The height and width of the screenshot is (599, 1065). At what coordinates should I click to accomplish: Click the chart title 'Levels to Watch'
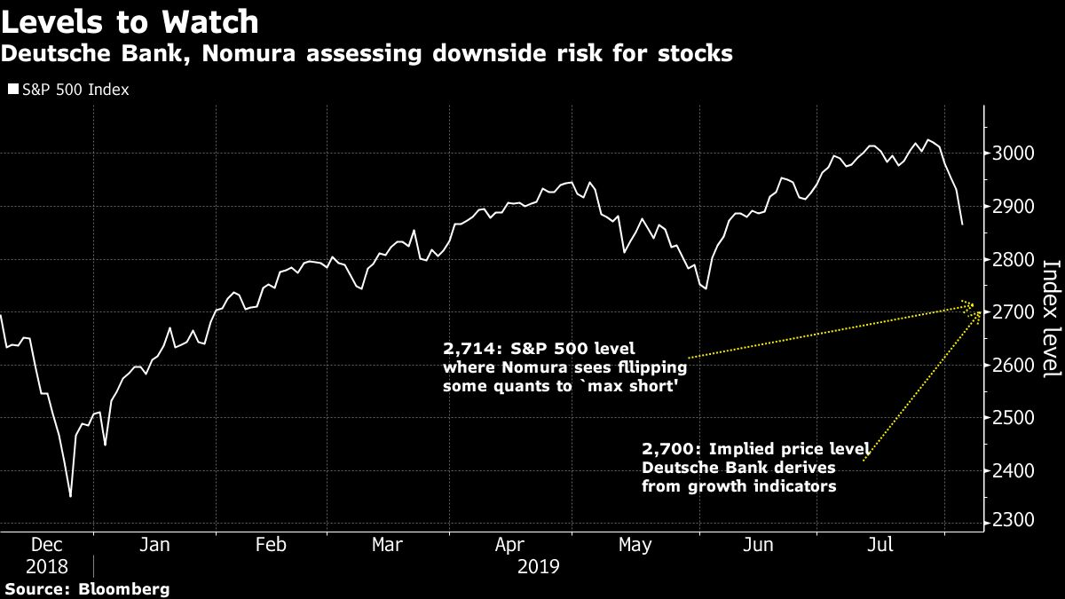[130, 21]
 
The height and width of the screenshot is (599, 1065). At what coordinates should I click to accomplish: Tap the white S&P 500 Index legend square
[12, 90]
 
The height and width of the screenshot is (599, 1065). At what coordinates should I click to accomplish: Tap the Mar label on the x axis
[387, 545]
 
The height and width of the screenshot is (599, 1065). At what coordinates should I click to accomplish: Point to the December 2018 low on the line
[70, 496]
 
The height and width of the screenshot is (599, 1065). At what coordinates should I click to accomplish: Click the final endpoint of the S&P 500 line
[962, 225]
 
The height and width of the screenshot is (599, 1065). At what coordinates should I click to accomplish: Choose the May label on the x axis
[635, 545]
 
